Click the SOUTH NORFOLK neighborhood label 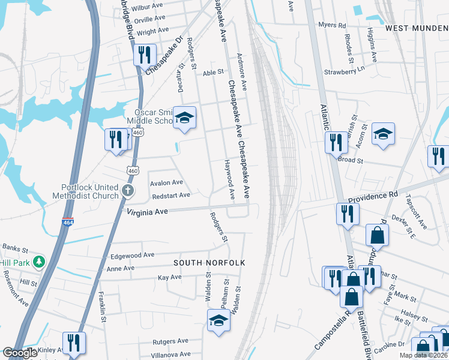210,263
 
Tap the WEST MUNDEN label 417,28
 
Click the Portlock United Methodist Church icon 127,191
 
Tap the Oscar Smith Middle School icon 185,118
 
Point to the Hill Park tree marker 39,262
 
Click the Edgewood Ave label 133,255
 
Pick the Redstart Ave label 171,195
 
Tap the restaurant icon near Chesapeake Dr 144,55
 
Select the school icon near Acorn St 382,134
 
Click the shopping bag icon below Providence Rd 376,235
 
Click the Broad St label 351,161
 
